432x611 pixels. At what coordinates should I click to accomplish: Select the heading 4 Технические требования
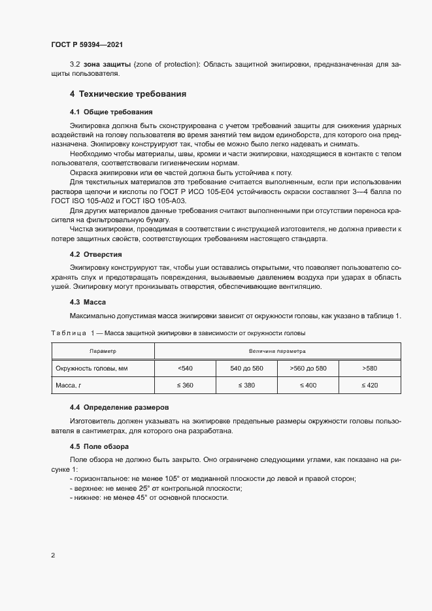(128, 94)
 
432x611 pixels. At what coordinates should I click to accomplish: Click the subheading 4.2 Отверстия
(95, 254)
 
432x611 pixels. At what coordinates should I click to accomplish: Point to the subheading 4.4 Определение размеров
(119, 407)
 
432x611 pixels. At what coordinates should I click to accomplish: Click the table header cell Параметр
(103, 352)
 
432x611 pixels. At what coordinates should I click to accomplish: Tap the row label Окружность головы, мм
(91, 369)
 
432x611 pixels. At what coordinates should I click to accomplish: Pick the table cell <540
(185, 369)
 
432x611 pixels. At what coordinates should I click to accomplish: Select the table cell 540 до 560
(246, 369)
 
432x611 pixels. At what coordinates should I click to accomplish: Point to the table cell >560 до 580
(308, 369)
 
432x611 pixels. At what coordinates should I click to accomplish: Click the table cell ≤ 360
(185, 386)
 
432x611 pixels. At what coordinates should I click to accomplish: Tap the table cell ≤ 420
(369, 386)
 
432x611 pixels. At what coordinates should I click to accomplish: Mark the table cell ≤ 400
(308, 386)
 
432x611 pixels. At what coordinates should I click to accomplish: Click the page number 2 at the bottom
(53, 556)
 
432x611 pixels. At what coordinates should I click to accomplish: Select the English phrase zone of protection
(166, 65)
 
